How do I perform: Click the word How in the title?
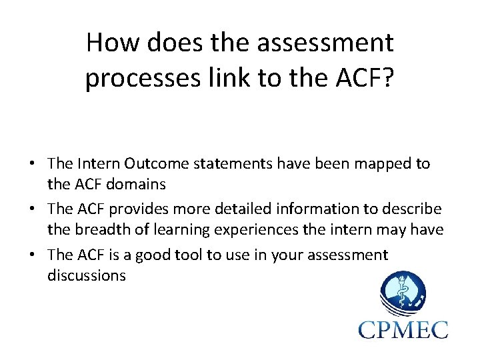coord(109,43)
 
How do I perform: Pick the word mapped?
coord(377,164)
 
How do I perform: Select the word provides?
coord(134,209)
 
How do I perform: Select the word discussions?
coord(86,275)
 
